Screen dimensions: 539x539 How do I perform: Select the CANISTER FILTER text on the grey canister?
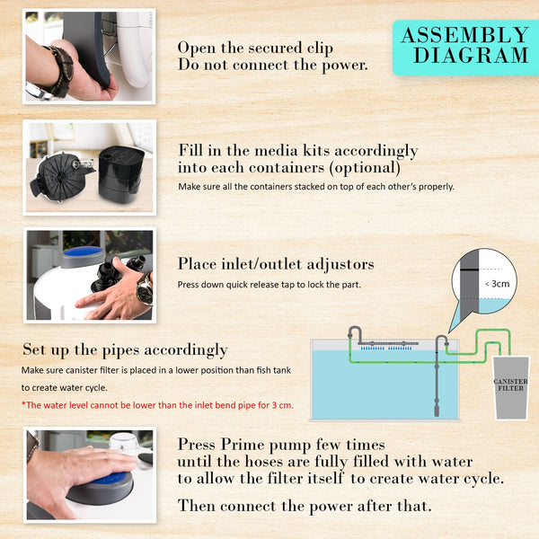[511, 384]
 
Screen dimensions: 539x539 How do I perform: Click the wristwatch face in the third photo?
[144, 292]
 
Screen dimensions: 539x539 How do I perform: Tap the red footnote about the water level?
[156, 405]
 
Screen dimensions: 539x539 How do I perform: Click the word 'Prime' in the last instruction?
[241, 444]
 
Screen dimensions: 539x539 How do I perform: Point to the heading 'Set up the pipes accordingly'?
[125, 349]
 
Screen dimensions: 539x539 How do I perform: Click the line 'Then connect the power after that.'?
[304, 506]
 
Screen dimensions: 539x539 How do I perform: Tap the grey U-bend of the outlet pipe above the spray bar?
[355, 332]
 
